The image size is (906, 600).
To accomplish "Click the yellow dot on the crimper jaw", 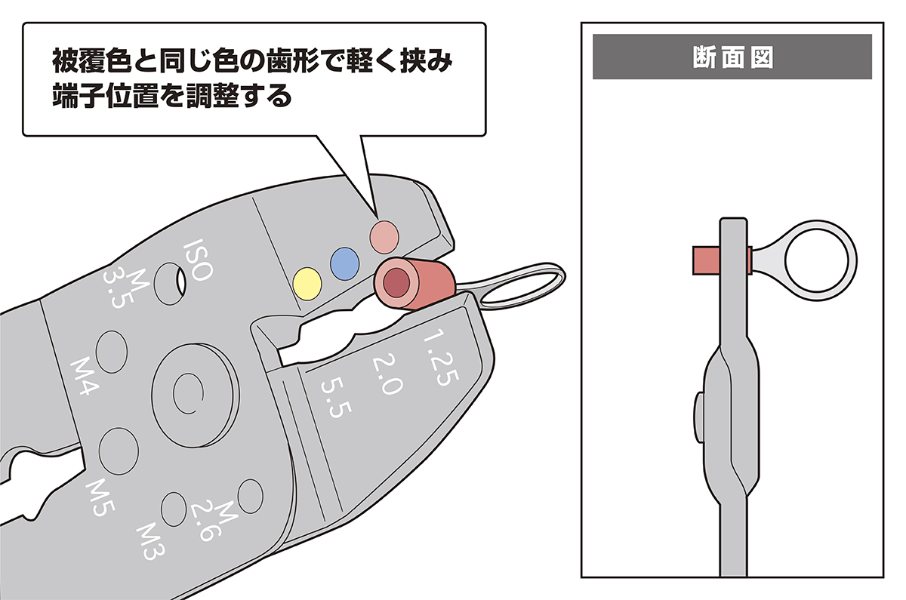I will pyautogui.click(x=307, y=283).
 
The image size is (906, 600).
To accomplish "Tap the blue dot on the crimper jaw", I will pyautogui.click(x=344, y=261).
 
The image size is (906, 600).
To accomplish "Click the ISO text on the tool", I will pyautogui.click(x=200, y=261).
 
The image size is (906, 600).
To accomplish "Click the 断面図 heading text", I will pyautogui.click(x=732, y=57).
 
